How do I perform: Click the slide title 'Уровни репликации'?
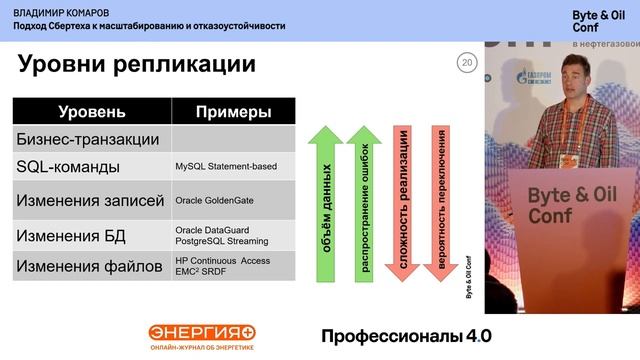tap(137, 66)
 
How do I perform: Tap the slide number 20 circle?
tap(465, 63)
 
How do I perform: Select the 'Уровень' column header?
tap(92, 112)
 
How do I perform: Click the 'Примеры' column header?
tap(233, 112)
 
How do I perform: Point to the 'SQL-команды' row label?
tap(69, 166)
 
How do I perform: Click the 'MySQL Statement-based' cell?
tap(226, 166)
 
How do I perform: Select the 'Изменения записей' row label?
tap(90, 200)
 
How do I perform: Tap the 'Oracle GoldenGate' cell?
tap(214, 200)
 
